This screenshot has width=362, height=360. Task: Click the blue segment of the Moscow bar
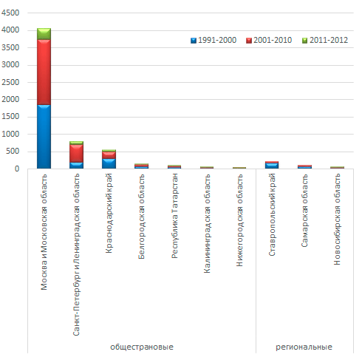click(x=44, y=137)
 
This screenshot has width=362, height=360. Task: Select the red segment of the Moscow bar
click(x=44, y=72)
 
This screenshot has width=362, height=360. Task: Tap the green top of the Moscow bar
click(x=44, y=34)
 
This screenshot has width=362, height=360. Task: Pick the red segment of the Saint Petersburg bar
click(x=76, y=153)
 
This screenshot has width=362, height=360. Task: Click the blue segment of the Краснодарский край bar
click(x=109, y=163)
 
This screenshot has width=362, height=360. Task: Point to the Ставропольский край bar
click(x=272, y=165)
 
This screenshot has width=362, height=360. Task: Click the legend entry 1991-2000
click(x=214, y=40)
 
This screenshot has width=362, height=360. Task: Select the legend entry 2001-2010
click(x=269, y=40)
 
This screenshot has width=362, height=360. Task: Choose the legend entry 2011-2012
click(x=325, y=40)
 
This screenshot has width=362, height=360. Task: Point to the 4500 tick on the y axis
click(x=10, y=13)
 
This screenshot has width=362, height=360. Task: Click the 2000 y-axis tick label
click(x=10, y=100)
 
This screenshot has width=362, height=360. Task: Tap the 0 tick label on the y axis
click(x=17, y=169)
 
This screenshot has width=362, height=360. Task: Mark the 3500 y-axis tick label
click(x=10, y=47)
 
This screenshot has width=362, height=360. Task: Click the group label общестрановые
click(x=142, y=347)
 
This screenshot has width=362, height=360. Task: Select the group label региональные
click(x=304, y=347)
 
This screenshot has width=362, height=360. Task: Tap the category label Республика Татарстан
click(x=174, y=216)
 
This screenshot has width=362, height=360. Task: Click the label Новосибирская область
click(x=337, y=220)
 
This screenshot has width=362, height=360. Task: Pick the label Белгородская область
click(x=141, y=217)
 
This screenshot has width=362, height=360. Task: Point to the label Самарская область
click(x=304, y=211)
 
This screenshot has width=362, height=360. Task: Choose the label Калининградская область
click(x=207, y=223)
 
